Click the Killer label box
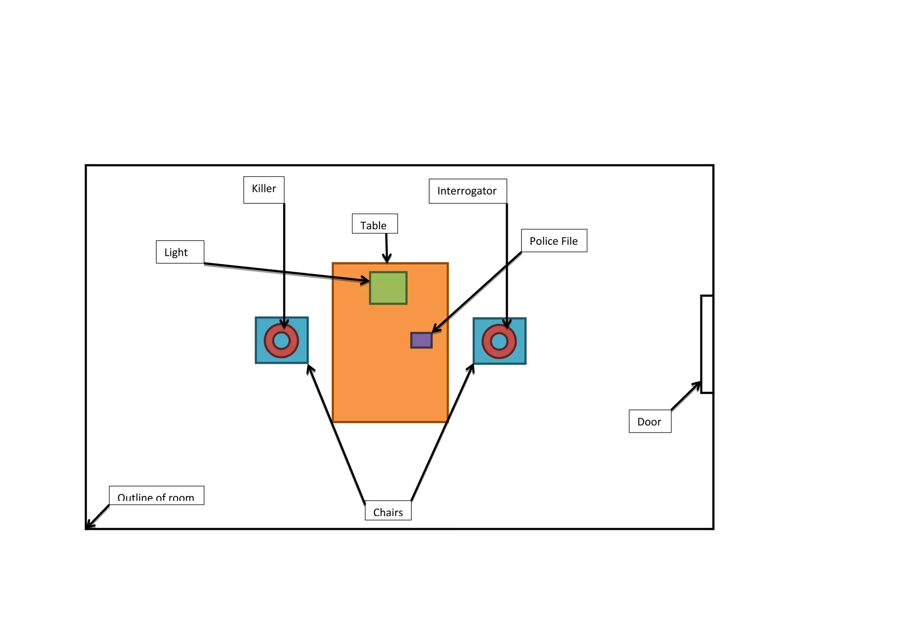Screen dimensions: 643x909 (264, 190)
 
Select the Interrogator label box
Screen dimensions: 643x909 (467, 191)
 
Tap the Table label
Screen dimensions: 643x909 (374, 224)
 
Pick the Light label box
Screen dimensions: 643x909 (180, 252)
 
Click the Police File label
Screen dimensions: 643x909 (553, 241)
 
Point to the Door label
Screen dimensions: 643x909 (649, 421)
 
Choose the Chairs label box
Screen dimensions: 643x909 (388, 511)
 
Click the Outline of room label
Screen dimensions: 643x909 (156, 496)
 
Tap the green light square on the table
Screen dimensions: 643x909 (388, 288)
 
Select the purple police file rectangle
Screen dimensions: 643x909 (421, 340)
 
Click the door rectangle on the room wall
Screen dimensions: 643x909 (707, 344)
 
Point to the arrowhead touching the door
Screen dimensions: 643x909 (697, 385)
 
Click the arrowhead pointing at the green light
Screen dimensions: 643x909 (365, 280)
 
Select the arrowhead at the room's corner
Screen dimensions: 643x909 (89, 526)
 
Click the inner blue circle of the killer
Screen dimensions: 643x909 (281, 341)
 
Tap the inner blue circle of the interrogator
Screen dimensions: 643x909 (499, 341)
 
